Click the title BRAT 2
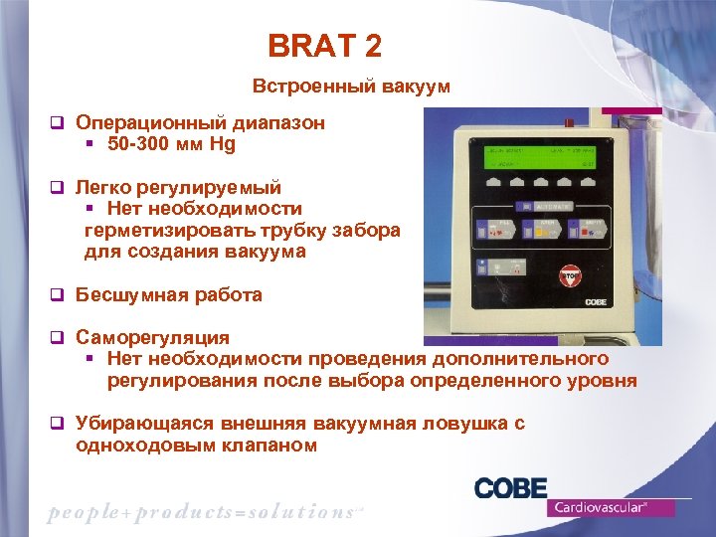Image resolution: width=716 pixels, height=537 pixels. [x=324, y=46]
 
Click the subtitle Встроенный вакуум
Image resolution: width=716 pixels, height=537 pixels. [x=351, y=87]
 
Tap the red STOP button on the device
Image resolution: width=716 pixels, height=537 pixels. [x=571, y=274]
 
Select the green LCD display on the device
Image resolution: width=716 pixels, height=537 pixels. [x=546, y=156]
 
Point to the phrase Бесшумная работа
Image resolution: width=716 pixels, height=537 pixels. [x=169, y=295]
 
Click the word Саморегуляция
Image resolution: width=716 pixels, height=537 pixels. [x=152, y=338]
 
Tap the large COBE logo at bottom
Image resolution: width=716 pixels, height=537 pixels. [x=511, y=488]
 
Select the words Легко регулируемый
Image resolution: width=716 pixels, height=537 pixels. [x=178, y=187]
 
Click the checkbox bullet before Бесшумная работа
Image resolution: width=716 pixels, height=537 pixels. [x=58, y=295]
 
